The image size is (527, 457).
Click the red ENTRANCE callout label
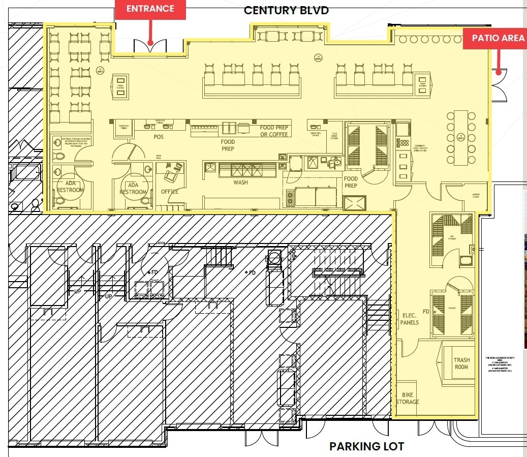pyautogui.click(x=150, y=9)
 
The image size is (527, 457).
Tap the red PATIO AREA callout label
pyautogui.click(x=498, y=38)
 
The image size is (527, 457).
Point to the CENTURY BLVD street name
pyautogui.click(x=286, y=10)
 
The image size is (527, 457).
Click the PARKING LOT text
pyautogui.click(x=366, y=446)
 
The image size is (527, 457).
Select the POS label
pyautogui.click(x=159, y=137)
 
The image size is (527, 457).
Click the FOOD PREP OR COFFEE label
pyautogui.click(x=274, y=131)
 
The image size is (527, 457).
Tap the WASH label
pyautogui.click(x=240, y=182)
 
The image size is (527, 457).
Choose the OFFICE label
pyautogui.click(x=170, y=192)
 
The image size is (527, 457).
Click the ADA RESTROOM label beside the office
pyautogui.click(x=133, y=189)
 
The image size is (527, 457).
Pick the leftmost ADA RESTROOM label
pyautogui.click(x=70, y=187)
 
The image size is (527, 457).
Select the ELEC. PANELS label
pyautogui.click(x=410, y=319)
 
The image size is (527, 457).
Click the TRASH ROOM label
pyautogui.click(x=461, y=363)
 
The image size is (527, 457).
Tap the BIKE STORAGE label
pyautogui.click(x=408, y=398)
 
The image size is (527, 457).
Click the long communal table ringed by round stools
pyautogui.click(x=460, y=137)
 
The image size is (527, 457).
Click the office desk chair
pyautogui.click(x=169, y=176)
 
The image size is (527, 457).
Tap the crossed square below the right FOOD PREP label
pyautogui.click(x=354, y=203)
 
